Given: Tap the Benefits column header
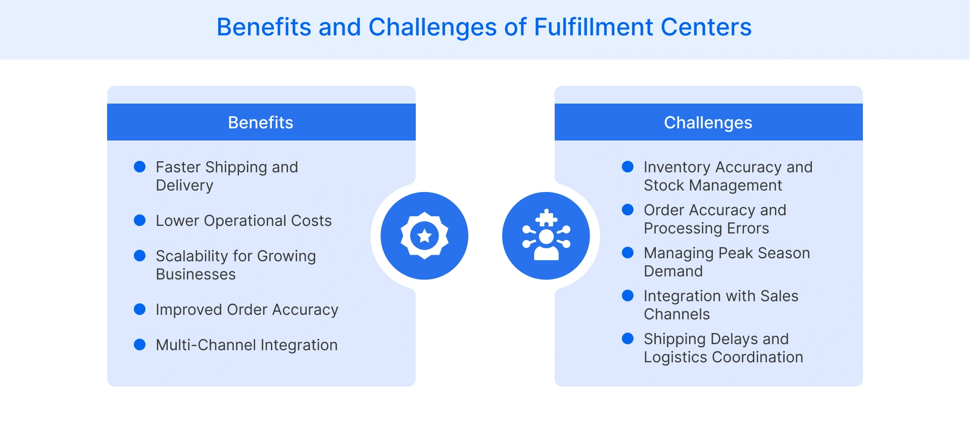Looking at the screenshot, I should coord(261,122).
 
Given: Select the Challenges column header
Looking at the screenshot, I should coord(708,122).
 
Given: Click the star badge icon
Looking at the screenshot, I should coord(424,235).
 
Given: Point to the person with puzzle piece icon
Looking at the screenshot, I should coord(546,235).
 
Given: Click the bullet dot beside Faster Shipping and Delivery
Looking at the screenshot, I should coord(139,167).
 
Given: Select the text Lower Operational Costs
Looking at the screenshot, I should coord(244,221).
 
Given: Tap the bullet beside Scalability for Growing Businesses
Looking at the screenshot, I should coord(139,256).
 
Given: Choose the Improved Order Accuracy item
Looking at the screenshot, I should coord(247,310).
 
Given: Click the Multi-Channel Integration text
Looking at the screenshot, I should coord(247,345).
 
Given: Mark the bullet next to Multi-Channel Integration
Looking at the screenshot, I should coord(139,345).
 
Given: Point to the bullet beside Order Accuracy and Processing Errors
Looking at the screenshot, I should coord(627,210).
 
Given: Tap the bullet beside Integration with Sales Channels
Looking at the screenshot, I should coord(627,296).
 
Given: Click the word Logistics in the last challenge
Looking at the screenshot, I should coord(675,357).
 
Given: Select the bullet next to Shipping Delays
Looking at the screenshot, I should coord(627,339).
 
